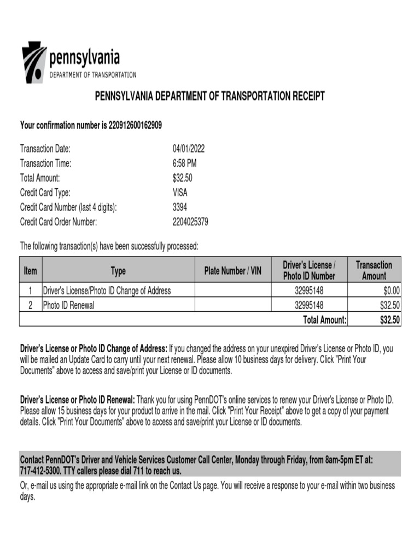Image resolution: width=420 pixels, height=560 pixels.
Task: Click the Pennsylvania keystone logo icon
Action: (x=34, y=62)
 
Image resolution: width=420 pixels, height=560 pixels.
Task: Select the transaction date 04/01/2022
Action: (x=189, y=149)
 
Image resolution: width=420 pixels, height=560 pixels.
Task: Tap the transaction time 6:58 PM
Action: (x=185, y=163)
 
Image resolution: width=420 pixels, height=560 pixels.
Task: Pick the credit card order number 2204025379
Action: (x=190, y=222)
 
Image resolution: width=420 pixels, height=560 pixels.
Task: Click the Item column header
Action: (x=31, y=271)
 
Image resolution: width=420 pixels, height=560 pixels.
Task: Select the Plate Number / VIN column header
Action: (x=233, y=271)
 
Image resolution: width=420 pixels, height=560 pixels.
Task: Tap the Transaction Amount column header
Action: (x=374, y=271)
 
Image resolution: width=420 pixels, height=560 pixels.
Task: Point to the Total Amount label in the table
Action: (x=325, y=320)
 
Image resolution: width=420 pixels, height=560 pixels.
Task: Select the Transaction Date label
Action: (x=45, y=149)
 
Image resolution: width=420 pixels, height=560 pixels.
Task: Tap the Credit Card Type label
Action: (x=45, y=192)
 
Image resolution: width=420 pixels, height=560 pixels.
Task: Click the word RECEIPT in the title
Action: (x=308, y=96)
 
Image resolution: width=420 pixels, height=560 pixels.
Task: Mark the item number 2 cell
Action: (x=31, y=306)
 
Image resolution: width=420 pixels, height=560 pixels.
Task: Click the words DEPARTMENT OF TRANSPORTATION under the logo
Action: (x=93, y=75)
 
